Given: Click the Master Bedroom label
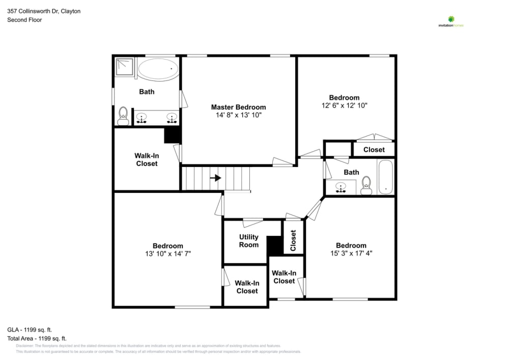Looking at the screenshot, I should pos(238,107).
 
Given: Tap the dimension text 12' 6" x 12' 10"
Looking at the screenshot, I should pos(344,105).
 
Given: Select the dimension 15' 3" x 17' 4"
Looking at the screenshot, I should pos(351,253).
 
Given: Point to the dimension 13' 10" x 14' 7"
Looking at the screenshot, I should pos(167,254).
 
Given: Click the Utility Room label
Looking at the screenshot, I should pos(249,241).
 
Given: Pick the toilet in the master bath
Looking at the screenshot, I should pos(123,116).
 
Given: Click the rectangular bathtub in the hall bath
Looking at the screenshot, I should pos(386,177).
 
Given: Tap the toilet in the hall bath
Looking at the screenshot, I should pos(366,186).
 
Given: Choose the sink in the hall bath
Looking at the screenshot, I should pos(341,187).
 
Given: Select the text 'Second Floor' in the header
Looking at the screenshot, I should pos(24,20).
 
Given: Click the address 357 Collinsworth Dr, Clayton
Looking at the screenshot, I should pos(44,11).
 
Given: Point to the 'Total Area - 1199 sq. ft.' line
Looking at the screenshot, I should pos(37,338).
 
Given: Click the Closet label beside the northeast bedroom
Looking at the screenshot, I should pos(374,150).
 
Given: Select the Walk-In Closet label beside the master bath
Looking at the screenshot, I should pos(146,159).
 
